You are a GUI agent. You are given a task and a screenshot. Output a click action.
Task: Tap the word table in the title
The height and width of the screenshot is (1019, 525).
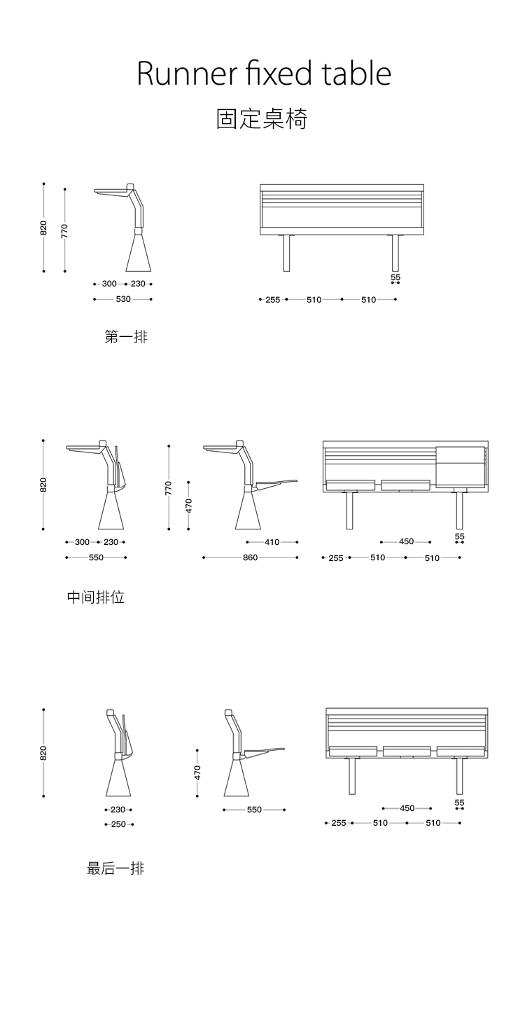[356, 74]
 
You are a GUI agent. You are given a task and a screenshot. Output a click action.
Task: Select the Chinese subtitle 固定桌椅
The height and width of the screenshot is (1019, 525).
[262, 119]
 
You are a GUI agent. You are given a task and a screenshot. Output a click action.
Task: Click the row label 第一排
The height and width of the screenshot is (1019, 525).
[126, 337]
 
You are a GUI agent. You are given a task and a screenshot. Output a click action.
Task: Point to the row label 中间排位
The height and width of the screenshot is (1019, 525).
[96, 597]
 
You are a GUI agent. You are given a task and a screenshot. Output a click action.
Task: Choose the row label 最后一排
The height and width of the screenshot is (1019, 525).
[115, 868]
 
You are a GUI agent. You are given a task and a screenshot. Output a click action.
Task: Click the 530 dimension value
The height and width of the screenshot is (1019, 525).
[123, 299]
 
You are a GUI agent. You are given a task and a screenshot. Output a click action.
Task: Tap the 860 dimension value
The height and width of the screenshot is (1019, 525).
[250, 557]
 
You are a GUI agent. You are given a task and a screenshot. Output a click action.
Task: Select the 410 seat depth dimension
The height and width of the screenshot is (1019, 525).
[272, 542]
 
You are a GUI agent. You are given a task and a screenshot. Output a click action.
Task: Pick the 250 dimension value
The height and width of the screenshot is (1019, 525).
[118, 824]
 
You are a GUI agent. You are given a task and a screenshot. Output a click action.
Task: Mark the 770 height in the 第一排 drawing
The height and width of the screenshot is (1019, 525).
[64, 230]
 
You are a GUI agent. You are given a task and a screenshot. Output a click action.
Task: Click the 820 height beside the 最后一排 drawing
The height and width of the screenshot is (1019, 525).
[43, 753]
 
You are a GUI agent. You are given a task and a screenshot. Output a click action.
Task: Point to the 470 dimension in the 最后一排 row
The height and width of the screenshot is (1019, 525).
[197, 772]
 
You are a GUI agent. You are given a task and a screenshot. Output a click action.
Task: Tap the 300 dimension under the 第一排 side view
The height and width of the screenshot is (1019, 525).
[109, 284]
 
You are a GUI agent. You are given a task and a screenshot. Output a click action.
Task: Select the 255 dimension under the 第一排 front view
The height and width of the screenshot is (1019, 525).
[272, 300]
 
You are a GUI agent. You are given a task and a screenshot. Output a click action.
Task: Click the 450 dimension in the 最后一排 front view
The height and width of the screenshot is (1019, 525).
[407, 808]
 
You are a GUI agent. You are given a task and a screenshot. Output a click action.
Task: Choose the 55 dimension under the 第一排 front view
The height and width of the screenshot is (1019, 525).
[395, 277]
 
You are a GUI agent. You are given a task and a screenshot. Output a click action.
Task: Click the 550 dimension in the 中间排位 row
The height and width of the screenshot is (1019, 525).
[96, 557]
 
